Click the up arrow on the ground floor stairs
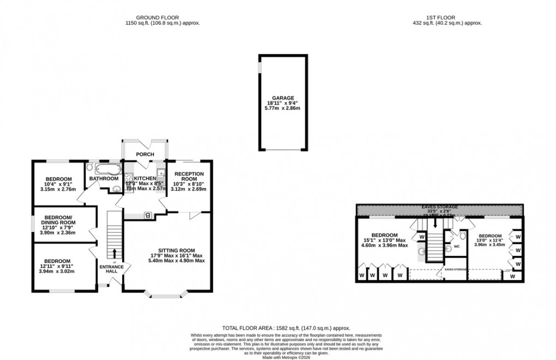pyautogui.click(x=114, y=253)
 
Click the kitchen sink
pyautogui.click(x=161, y=175)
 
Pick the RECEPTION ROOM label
pyautogui.click(x=189, y=176)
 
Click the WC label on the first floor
pyautogui.click(x=457, y=247)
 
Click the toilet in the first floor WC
pyautogui.click(x=462, y=236)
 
